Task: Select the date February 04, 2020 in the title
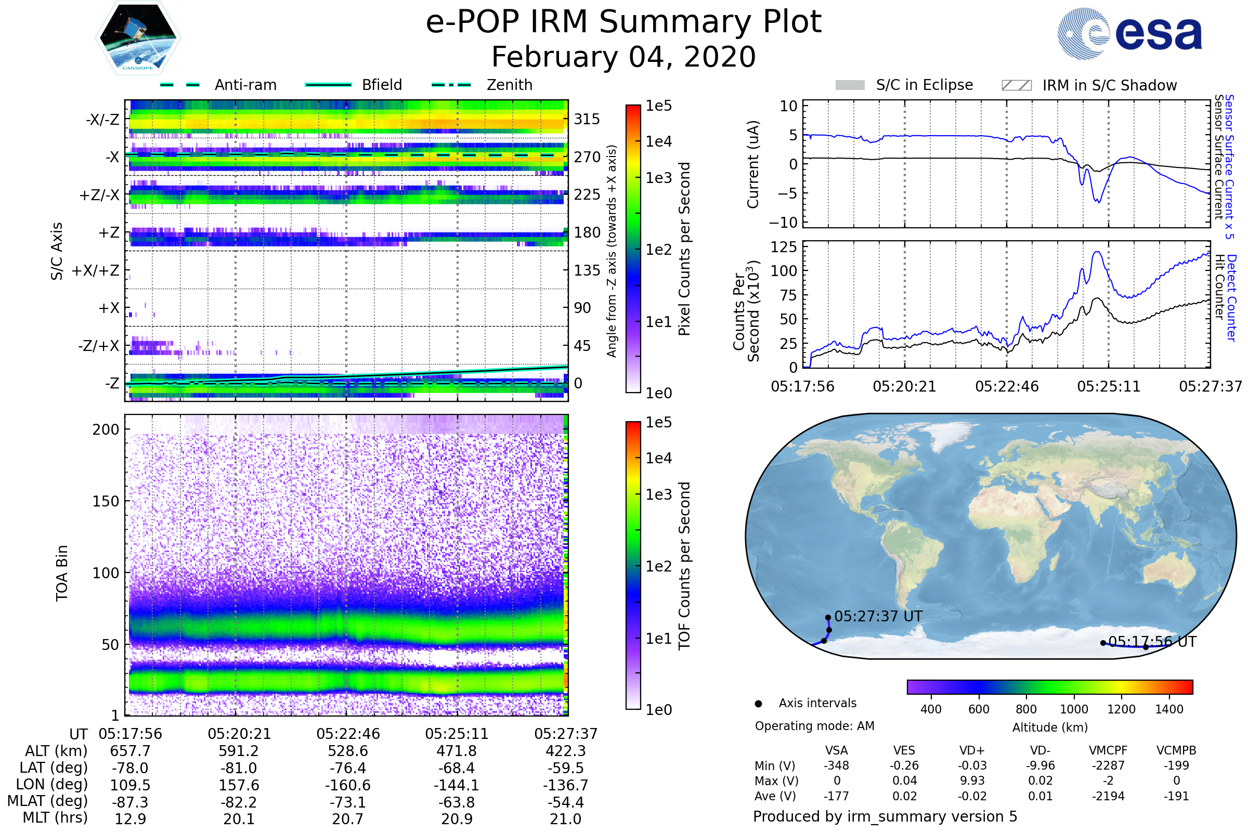(x=623, y=57)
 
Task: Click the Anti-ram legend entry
(x=245, y=85)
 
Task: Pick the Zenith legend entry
(x=509, y=85)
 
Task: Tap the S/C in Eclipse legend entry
(x=924, y=85)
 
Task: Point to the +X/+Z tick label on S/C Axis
(x=96, y=270)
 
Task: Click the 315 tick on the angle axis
(x=587, y=119)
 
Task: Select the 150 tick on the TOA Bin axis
(x=106, y=501)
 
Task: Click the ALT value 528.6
(x=347, y=751)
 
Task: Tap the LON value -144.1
(x=457, y=785)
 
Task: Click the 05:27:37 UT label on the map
(x=878, y=617)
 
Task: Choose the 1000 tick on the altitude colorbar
(x=1073, y=709)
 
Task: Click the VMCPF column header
(x=1108, y=751)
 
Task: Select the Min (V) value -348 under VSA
(x=836, y=765)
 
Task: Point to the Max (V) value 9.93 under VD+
(x=972, y=781)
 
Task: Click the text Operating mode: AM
(x=814, y=726)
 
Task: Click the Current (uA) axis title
(x=753, y=164)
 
